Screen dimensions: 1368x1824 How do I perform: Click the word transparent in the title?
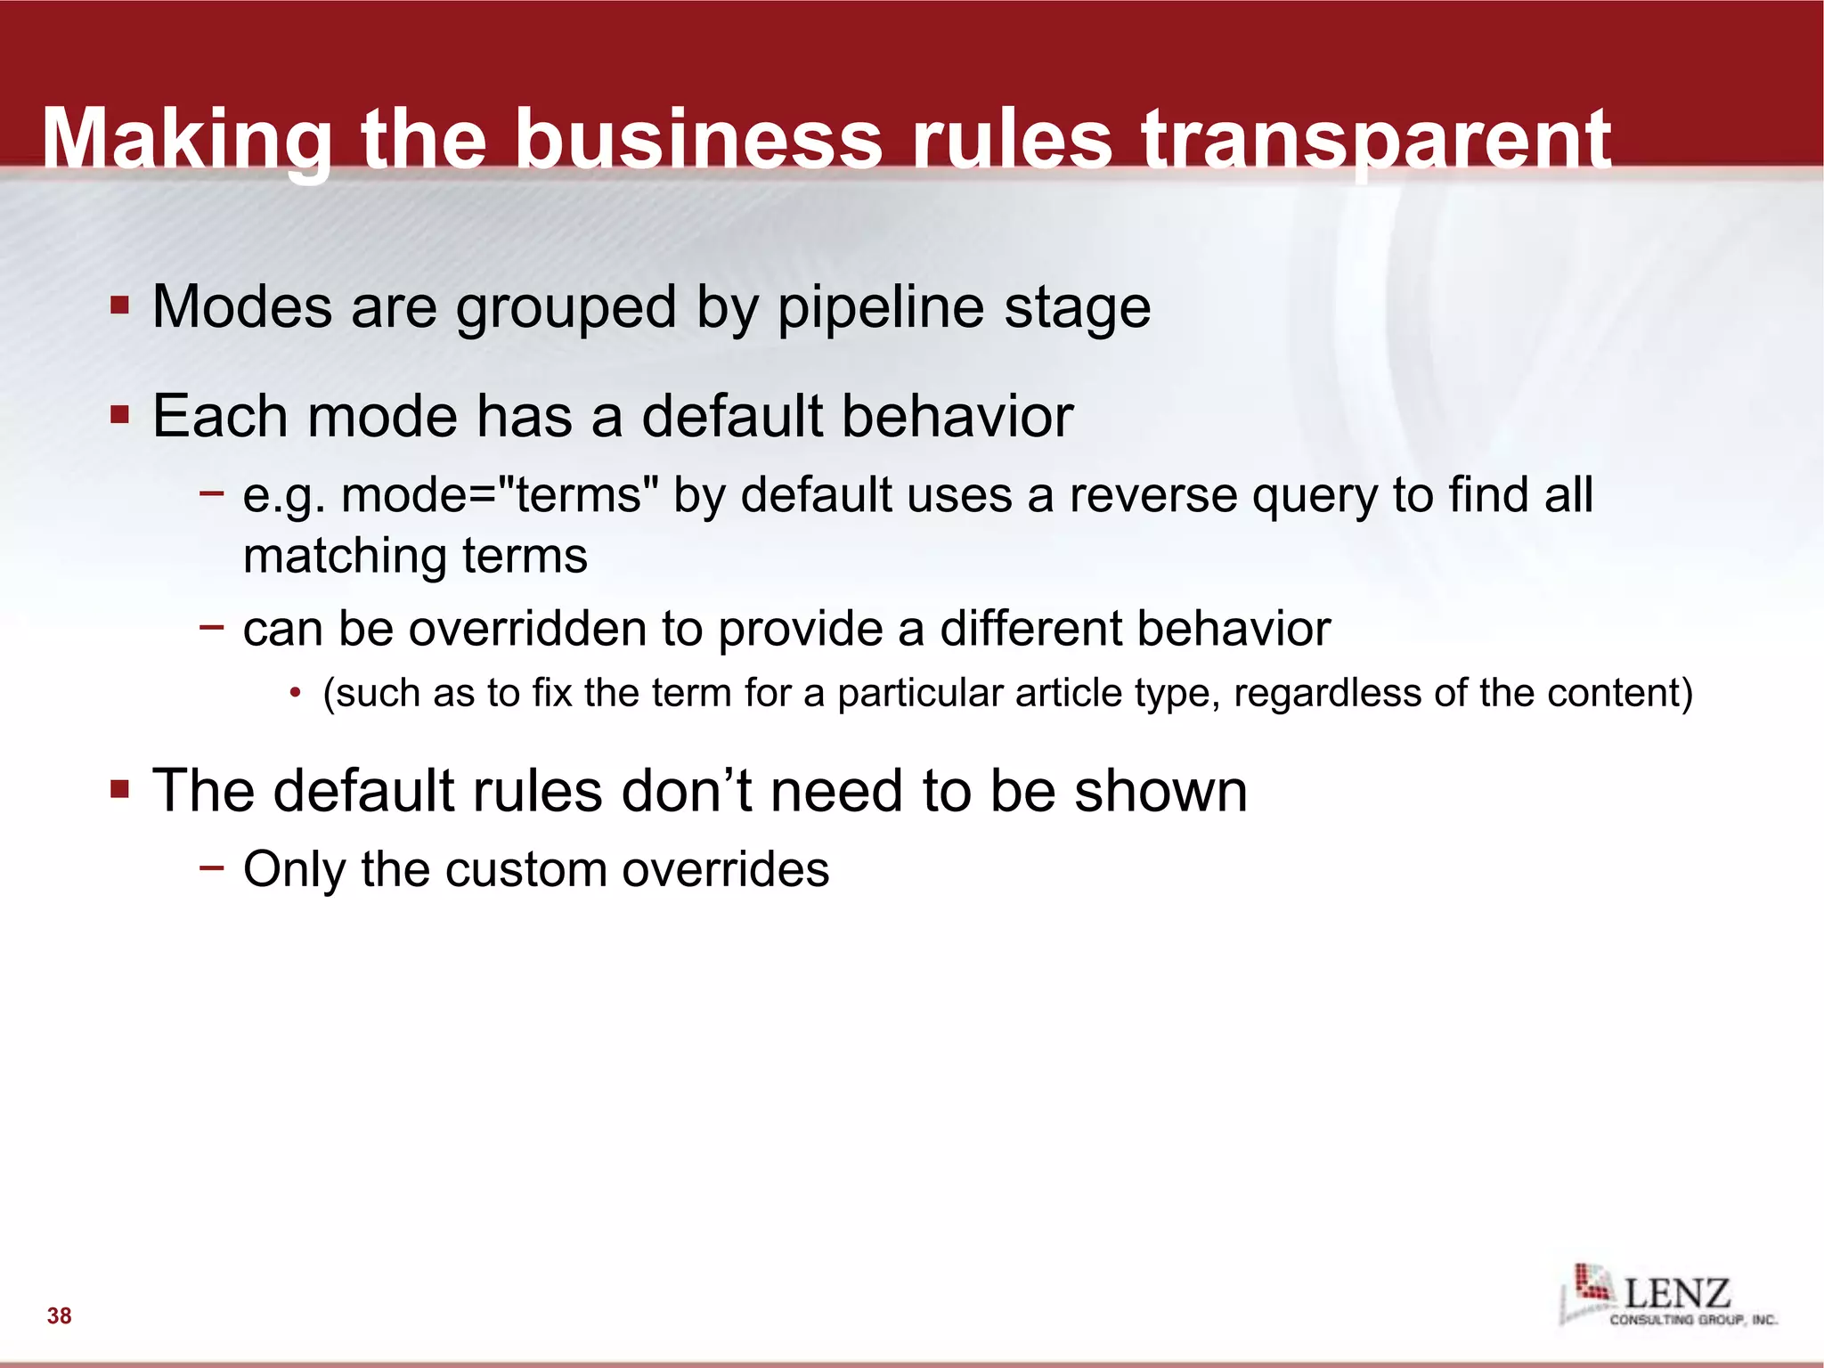(1376, 141)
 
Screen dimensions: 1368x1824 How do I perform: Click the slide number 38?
(60, 1315)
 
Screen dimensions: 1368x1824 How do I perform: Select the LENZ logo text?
(1677, 1293)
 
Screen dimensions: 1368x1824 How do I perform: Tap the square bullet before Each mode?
(120, 415)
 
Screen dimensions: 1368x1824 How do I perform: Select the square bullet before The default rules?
(120, 790)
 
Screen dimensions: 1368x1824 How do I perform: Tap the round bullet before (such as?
(296, 694)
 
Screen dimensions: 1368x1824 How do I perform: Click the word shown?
(1160, 791)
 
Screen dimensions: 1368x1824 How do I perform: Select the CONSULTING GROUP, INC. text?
(1692, 1320)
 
